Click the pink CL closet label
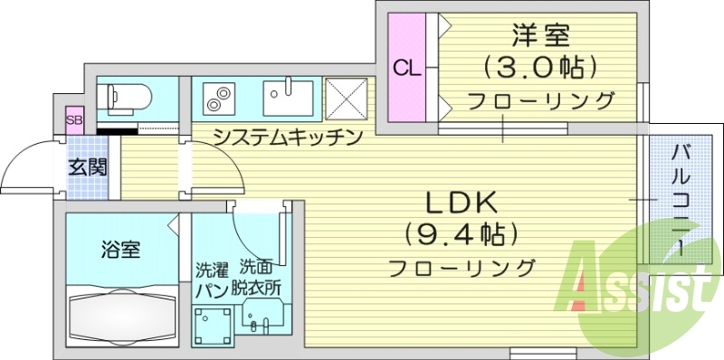tap(405, 67)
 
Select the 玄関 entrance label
tap(88, 166)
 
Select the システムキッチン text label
tap(288, 137)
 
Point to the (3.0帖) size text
tap(539, 67)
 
